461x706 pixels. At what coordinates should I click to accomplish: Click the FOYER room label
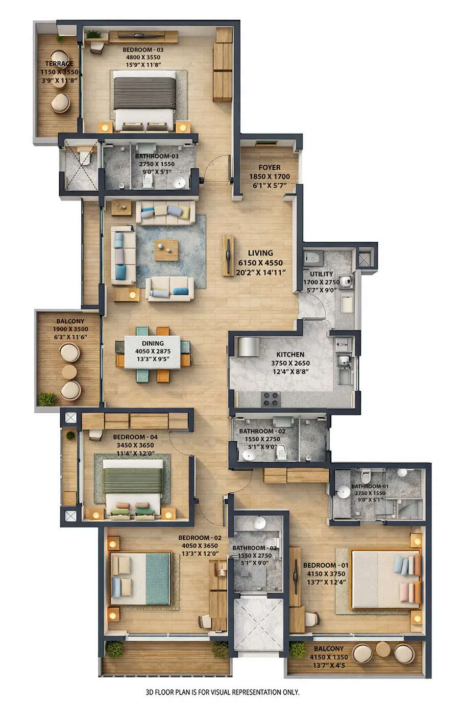click(269, 167)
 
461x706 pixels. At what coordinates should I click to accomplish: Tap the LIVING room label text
click(260, 253)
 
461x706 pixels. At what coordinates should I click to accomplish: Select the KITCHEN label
click(290, 355)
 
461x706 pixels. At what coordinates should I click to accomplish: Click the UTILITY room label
click(321, 274)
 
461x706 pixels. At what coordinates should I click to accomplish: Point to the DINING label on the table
click(153, 344)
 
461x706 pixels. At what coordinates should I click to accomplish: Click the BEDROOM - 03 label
click(143, 50)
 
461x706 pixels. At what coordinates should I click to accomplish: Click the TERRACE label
click(59, 64)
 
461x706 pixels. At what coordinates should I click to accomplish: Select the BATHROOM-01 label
click(370, 487)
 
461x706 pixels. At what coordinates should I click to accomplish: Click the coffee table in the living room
click(166, 249)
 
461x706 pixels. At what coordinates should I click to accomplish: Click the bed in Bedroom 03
click(145, 98)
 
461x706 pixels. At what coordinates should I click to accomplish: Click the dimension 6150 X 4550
click(260, 263)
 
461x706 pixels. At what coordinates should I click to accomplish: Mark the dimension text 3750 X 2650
click(290, 363)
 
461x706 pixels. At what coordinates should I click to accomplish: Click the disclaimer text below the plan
click(223, 692)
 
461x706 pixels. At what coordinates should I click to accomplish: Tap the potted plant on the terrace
click(60, 39)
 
